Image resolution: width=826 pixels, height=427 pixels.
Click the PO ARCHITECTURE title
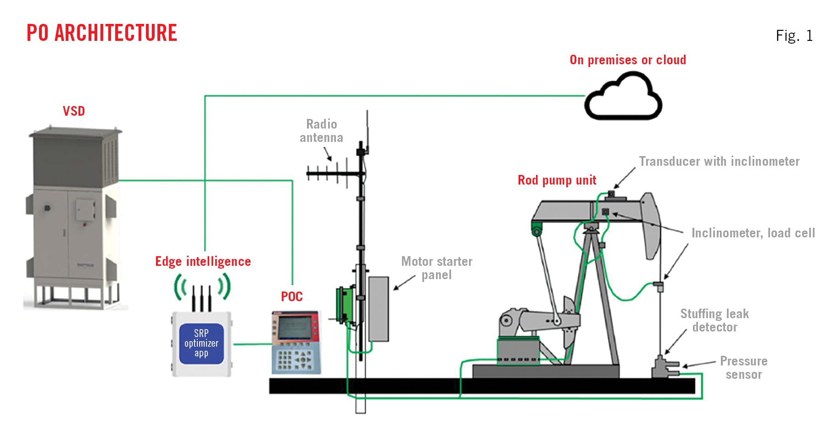(x=101, y=33)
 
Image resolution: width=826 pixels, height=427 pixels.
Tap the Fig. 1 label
(x=794, y=36)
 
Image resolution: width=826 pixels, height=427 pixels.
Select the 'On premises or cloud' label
(x=627, y=60)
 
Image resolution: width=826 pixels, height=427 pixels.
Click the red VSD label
(x=74, y=111)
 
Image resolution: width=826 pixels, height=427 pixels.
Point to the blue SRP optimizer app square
(x=201, y=343)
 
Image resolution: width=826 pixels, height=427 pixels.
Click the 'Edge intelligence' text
(x=203, y=261)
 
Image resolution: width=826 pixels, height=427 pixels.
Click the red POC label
(x=292, y=297)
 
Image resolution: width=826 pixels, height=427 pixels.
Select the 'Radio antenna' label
(x=321, y=131)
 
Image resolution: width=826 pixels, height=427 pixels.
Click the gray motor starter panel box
(x=379, y=309)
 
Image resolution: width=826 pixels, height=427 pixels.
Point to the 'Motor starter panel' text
(x=436, y=268)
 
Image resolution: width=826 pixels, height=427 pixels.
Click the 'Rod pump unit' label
(x=557, y=180)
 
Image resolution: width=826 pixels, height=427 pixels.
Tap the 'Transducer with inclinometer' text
(x=719, y=162)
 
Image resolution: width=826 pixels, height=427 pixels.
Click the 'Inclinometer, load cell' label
(x=753, y=233)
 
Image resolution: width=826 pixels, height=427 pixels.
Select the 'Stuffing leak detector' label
(x=714, y=320)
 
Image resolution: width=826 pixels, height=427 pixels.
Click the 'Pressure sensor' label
(x=743, y=368)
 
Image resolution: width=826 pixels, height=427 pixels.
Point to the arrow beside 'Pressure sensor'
(x=698, y=364)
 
